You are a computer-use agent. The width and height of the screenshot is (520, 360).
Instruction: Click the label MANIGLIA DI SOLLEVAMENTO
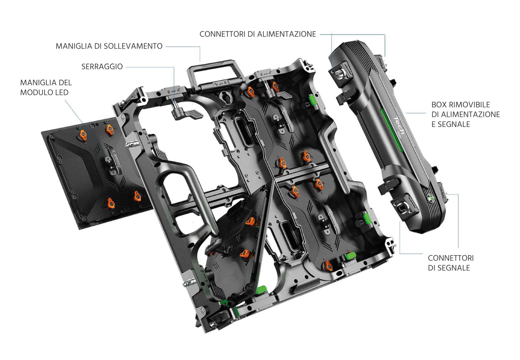click(109, 46)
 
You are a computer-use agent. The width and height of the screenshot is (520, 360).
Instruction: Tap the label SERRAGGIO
click(102, 66)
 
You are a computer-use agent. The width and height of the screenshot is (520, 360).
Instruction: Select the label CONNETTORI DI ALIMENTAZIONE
click(258, 34)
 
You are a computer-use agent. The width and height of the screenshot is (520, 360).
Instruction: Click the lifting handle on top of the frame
click(215, 69)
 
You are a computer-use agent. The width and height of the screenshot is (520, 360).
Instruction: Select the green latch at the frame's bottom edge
click(261, 289)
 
